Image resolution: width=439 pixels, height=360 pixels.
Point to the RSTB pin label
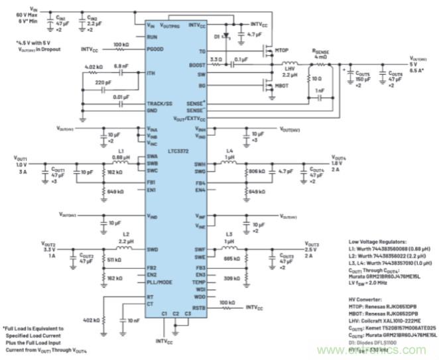[x=199, y=308]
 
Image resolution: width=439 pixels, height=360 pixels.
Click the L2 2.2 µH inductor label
[x=125, y=237]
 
